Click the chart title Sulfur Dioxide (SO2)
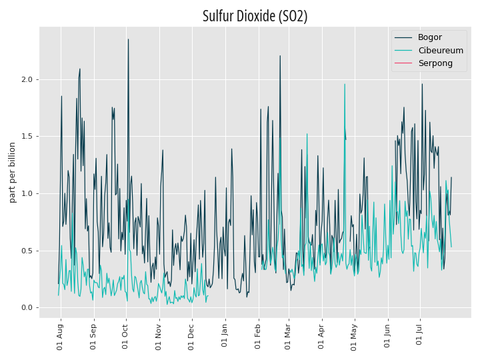(255, 16)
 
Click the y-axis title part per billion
(12, 173)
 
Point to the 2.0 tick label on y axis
(27, 79)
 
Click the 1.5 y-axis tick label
(27, 136)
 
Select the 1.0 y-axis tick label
(27, 193)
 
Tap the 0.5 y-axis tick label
(27, 251)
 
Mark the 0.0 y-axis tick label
(27, 307)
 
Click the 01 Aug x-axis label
(60, 337)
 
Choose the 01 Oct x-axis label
(125, 337)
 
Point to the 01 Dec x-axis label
(191, 337)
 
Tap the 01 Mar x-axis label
(287, 337)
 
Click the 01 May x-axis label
(353, 337)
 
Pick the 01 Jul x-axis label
(419, 335)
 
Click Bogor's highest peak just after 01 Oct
(128, 39)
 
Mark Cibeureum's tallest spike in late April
(345, 84)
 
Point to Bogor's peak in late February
(280, 56)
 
